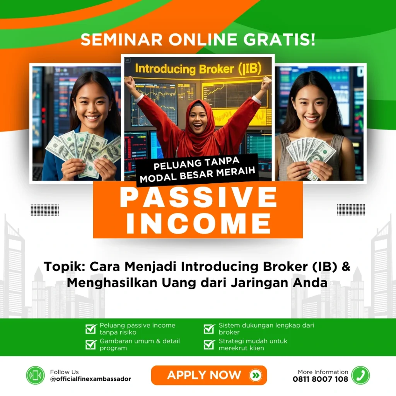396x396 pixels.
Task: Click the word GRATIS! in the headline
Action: [x=279, y=40]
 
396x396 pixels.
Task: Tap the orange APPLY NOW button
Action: [x=209, y=375]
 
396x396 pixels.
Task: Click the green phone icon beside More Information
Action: [x=361, y=375]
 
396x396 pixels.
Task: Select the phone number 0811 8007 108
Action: [x=320, y=379]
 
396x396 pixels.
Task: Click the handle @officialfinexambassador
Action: [x=90, y=379]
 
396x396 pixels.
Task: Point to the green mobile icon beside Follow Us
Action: [x=35, y=375]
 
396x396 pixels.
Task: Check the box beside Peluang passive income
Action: [x=91, y=329]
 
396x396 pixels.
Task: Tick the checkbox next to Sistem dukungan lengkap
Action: [x=209, y=329]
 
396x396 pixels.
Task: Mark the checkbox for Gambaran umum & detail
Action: [x=91, y=345]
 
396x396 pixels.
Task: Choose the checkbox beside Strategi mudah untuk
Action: [x=209, y=345]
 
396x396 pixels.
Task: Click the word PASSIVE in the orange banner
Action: [x=198, y=197]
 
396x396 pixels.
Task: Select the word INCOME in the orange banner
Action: [x=198, y=223]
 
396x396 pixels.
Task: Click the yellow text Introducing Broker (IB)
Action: [x=198, y=69]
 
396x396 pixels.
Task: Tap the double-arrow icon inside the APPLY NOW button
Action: [x=256, y=375]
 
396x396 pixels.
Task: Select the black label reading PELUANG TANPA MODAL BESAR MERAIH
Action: [x=198, y=170]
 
